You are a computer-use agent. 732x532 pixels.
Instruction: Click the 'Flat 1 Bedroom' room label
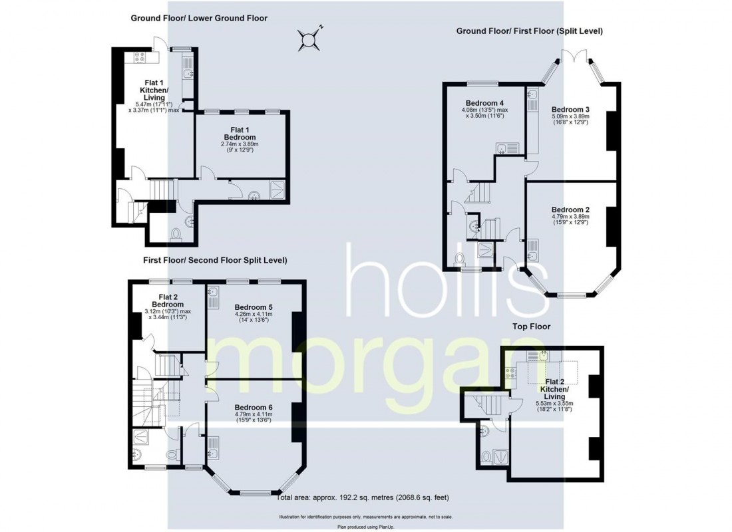coord(240,133)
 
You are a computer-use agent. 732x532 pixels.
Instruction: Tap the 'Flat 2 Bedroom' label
coord(167,300)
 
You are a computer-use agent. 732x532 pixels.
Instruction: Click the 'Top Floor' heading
coord(530,327)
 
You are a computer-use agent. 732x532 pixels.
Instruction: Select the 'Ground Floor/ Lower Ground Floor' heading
coord(199,18)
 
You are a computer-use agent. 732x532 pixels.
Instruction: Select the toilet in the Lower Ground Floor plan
coord(176,234)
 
